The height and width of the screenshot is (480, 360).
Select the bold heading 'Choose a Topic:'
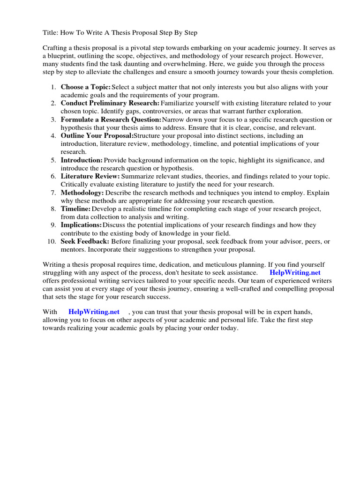(x=86, y=87)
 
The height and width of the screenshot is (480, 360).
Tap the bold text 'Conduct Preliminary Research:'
(x=110, y=103)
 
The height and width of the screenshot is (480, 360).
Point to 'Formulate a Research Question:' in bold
(x=111, y=120)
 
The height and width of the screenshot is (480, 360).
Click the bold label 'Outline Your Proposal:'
(x=97, y=136)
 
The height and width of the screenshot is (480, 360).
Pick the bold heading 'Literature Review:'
(x=90, y=176)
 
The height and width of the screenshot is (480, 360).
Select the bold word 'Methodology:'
(x=82, y=193)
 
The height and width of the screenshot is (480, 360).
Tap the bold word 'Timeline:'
(x=76, y=209)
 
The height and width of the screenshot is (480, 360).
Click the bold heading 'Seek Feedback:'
(x=85, y=241)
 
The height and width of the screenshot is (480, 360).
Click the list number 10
(x=52, y=241)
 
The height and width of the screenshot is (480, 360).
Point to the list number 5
(x=53, y=160)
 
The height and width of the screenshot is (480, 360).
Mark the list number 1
(x=53, y=87)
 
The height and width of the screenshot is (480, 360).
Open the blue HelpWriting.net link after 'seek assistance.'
(x=295, y=272)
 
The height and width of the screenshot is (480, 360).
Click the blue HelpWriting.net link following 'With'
(x=94, y=312)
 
